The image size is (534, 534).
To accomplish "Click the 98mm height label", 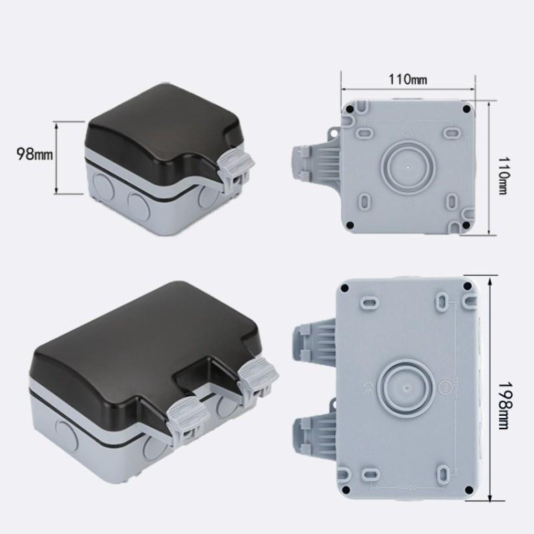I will pyautogui.click(x=34, y=154).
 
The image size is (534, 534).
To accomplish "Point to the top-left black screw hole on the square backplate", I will pyautogui.click(x=350, y=106).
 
